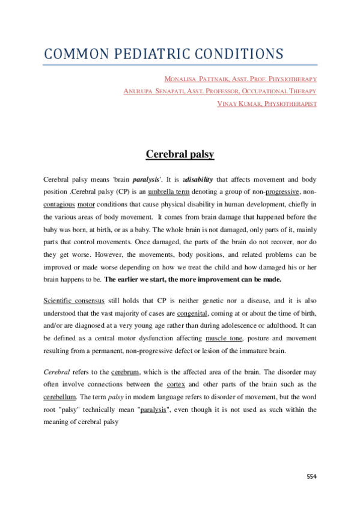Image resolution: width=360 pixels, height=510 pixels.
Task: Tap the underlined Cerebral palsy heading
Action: click(x=180, y=155)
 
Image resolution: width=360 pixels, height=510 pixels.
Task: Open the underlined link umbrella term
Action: click(x=168, y=191)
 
